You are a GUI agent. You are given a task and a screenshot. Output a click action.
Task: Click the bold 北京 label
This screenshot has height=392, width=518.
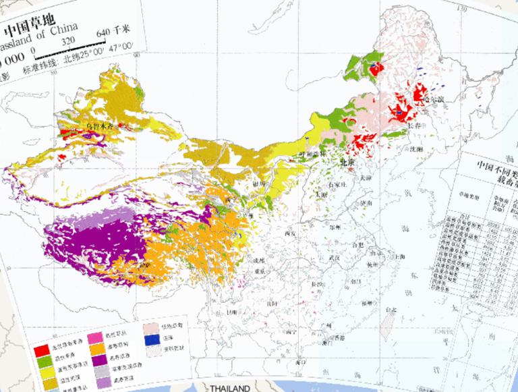click(347, 163)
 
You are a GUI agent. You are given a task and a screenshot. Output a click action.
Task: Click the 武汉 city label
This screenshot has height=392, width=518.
click(331, 257)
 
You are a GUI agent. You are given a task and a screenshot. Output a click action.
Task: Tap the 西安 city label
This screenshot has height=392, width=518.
click(291, 233)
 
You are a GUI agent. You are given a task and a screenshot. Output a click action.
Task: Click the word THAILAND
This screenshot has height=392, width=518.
click(229, 388)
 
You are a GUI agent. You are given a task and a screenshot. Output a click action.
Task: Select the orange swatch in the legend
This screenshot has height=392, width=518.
click(96, 348)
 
